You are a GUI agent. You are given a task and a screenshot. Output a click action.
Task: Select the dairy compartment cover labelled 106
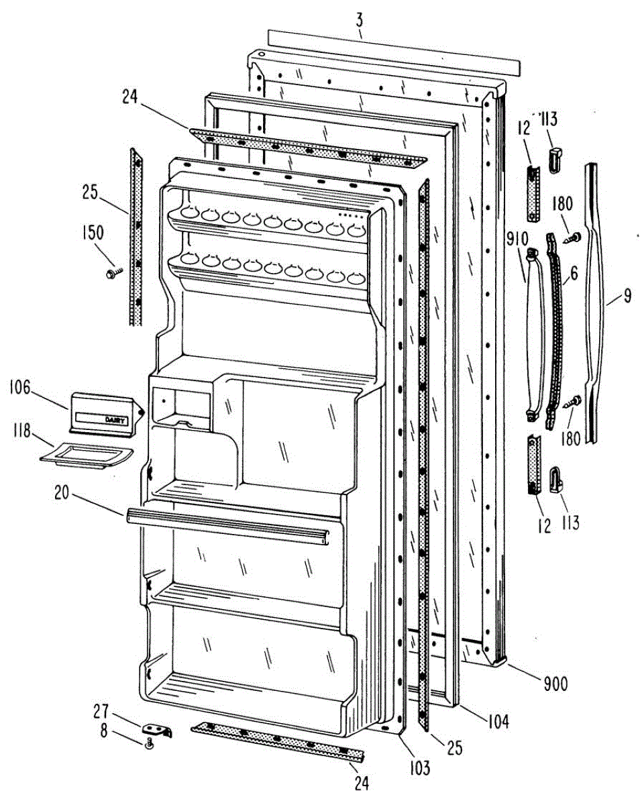103,411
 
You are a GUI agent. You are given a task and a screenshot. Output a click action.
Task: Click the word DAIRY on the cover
115,419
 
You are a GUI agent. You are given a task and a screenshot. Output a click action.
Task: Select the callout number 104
498,722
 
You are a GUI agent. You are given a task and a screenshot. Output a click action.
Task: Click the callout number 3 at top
360,18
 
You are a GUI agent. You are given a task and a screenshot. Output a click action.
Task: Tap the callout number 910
518,239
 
